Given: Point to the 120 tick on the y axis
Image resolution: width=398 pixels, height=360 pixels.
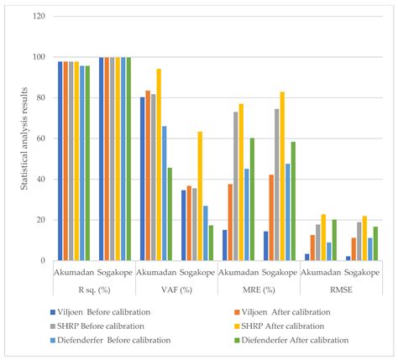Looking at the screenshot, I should pos(39,16).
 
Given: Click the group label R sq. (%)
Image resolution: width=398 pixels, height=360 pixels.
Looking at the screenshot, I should pos(94,290).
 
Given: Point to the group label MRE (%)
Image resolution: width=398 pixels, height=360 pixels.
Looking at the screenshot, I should pos(259,290).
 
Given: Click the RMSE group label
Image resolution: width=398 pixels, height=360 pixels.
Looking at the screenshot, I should pos(341,290).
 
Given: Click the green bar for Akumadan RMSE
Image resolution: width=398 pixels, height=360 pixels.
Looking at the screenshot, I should pos(333,240).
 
